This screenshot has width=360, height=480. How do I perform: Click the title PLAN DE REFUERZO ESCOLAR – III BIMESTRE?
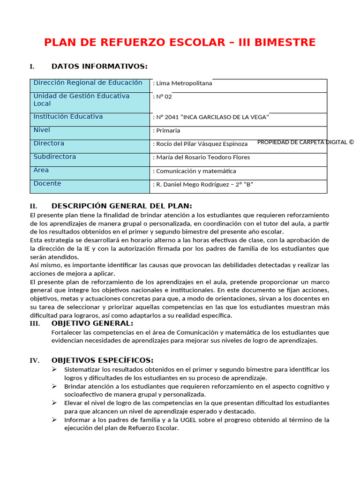pyautogui.click(x=180, y=43)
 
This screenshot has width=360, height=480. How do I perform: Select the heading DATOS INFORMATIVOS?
pyautogui.click(x=99, y=67)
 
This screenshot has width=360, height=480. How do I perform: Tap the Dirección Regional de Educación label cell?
pyautogui.click(x=88, y=83)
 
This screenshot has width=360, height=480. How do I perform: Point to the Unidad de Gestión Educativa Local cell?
pyautogui.click(x=81, y=99)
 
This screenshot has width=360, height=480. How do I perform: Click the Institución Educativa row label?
pyautogui.click(x=68, y=117)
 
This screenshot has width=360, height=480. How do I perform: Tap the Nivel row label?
pyautogui.click(x=42, y=130)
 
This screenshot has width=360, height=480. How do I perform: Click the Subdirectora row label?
pyautogui.click(x=54, y=157)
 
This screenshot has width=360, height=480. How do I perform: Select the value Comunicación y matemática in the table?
pyautogui.click(x=195, y=171)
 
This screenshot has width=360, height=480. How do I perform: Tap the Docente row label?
pyautogui.click(x=47, y=184)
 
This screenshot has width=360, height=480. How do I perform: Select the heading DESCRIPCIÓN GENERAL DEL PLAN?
pyautogui.click(x=121, y=206)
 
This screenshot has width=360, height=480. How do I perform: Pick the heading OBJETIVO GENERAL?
pyautogui.click(x=92, y=323)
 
